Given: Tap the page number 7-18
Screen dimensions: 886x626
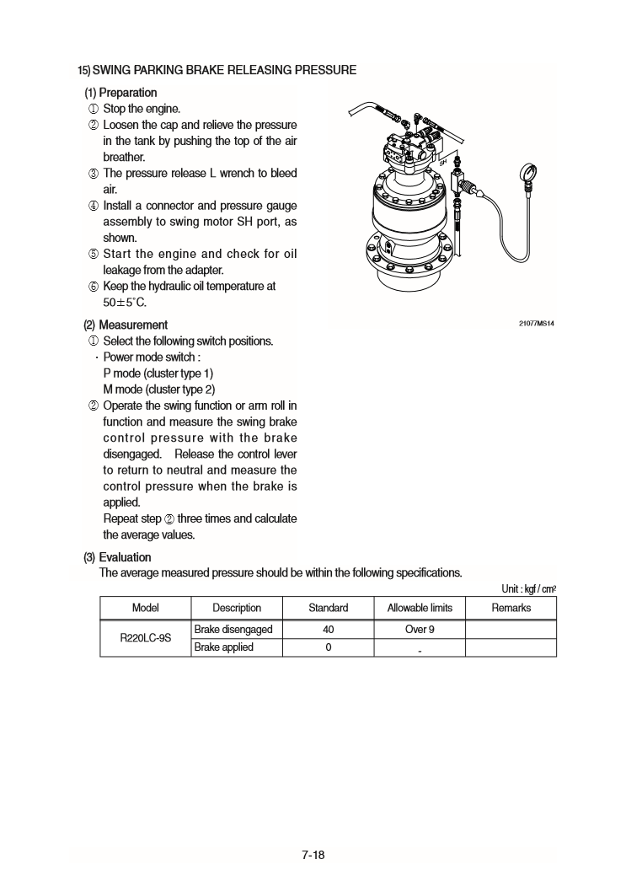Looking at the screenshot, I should pos(313,855).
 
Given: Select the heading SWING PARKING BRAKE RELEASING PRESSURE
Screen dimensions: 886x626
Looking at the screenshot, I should pos(217,69).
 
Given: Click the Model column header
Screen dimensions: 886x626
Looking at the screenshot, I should pos(145,608).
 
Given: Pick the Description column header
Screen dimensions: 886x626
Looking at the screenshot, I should pos(236,608).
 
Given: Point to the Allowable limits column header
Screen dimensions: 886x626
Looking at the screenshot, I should pos(419,608).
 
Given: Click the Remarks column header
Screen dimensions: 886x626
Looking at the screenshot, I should pos(511,608).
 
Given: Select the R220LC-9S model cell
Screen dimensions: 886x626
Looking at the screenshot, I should pos(145,639).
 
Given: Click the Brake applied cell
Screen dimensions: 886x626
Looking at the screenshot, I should pos(223,647).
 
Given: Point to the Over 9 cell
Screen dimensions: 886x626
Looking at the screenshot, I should pos(419,630).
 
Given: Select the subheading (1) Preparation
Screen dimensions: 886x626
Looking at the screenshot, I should pos(120,93).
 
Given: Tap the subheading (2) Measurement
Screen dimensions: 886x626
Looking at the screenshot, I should pos(125,325).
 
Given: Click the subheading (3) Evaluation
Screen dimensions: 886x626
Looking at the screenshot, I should pos(117,557).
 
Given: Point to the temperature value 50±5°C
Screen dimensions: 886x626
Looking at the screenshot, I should pos(125,303).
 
